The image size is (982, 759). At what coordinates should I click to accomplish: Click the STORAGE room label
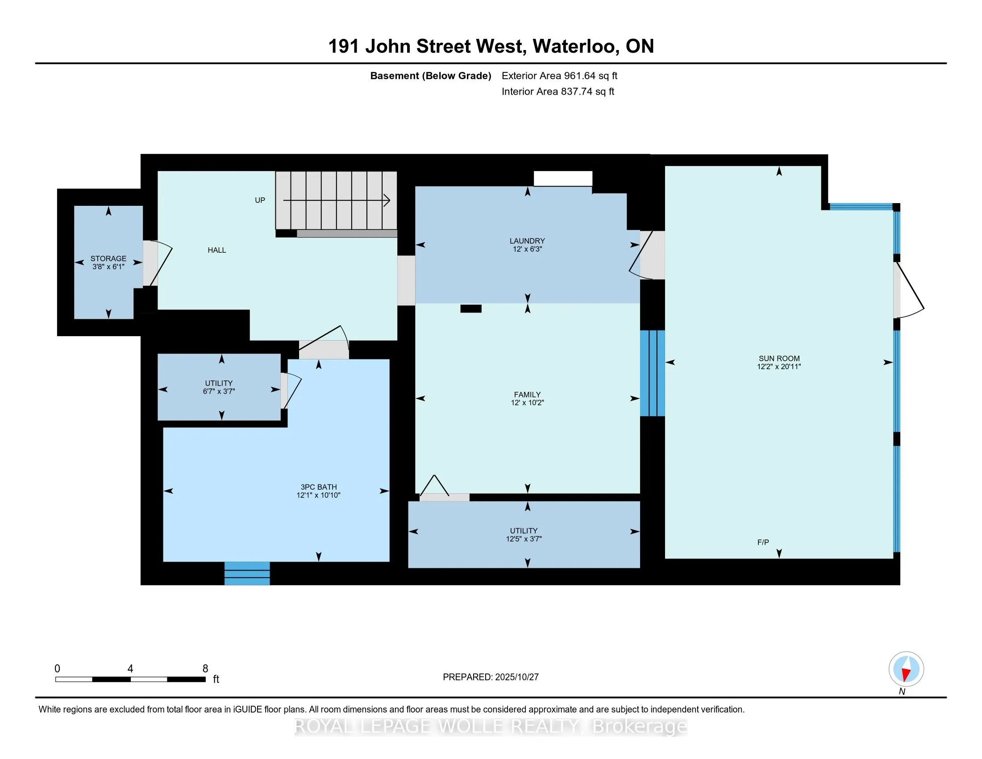pyautogui.click(x=108, y=259)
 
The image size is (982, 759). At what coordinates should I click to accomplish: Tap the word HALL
pyautogui.click(x=217, y=250)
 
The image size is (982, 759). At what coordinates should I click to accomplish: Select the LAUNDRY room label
pyautogui.click(x=527, y=241)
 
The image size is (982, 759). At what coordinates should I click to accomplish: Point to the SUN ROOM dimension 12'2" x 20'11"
pyautogui.click(x=779, y=367)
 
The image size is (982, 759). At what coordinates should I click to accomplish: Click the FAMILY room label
pyautogui.click(x=527, y=394)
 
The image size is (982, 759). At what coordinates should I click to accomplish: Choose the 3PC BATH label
pyautogui.click(x=318, y=487)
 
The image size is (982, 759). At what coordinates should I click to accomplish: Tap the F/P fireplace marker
pyautogui.click(x=762, y=542)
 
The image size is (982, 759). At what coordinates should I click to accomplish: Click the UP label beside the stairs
pyautogui.click(x=260, y=200)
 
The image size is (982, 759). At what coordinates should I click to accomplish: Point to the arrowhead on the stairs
pyautogui.click(x=386, y=200)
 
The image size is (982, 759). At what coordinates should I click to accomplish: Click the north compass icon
pyautogui.click(x=906, y=669)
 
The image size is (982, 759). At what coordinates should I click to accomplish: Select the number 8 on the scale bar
pyautogui.click(x=205, y=669)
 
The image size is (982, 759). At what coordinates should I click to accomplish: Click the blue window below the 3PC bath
pyautogui.click(x=247, y=573)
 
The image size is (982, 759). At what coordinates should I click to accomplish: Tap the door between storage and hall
pyautogui.click(x=150, y=263)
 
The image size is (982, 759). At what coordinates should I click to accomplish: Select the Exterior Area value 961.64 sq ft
pyautogui.click(x=591, y=75)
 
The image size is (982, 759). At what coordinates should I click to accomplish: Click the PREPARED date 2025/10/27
pyautogui.click(x=516, y=677)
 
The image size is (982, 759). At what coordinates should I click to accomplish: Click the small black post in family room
pyautogui.click(x=471, y=309)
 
